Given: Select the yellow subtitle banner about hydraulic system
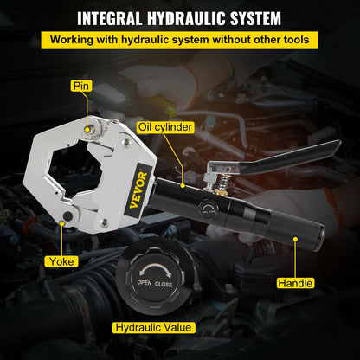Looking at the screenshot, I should coord(179,39).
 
